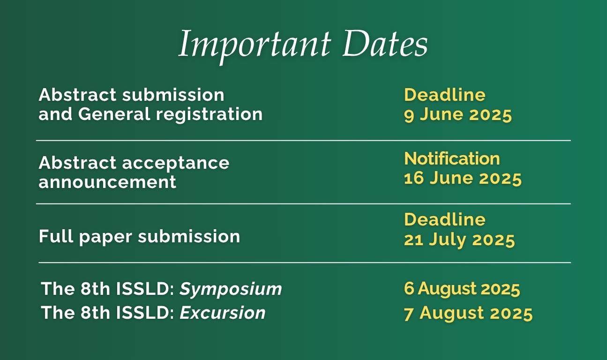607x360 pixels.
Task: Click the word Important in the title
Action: coord(255,46)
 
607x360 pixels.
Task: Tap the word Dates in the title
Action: coord(385,44)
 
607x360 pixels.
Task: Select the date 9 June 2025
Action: coord(458,115)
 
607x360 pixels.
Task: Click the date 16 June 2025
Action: coord(463,178)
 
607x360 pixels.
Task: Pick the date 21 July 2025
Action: coord(459,240)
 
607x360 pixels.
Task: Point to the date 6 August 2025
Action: coord(462,288)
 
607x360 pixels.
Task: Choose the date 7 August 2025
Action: coord(468,314)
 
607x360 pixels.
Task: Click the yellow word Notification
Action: coord(452,158)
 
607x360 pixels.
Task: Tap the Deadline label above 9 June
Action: coord(445,95)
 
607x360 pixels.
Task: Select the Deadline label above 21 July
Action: coord(445,219)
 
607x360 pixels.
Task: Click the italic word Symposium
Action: coord(231,289)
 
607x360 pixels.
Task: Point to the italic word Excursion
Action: coord(223,313)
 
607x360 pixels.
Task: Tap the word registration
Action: coord(209,114)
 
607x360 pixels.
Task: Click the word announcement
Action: coord(107,181)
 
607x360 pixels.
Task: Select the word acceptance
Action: coord(176,164)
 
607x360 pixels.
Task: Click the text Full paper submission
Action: coord(139,237)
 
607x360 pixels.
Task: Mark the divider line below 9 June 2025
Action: coord(304,141)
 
